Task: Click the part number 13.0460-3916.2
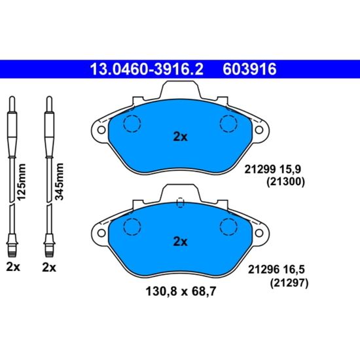[147, 69]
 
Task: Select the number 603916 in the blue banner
[249, 69]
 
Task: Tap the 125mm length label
[22, 182]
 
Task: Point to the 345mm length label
[59, 181]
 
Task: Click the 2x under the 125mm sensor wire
[13, 267]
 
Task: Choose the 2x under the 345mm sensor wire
[49, 268]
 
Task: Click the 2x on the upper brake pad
[180, 137]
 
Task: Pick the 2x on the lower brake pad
[180, 242]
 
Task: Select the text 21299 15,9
[272, 170]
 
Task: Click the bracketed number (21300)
[285, 182]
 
